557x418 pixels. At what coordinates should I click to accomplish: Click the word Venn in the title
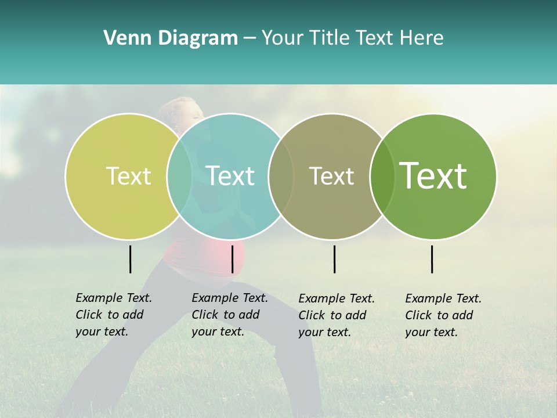click(x=122, y=38)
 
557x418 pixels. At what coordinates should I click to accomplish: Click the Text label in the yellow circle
click(x=128, y=176)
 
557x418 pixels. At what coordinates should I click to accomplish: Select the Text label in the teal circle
click(x=230, y=176)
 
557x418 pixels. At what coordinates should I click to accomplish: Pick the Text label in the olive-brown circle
click(x=331, y=176)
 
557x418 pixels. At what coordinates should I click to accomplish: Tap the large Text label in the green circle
click(x=433, y=176)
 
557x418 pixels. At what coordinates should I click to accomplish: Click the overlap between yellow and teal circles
click(x=179, y=176)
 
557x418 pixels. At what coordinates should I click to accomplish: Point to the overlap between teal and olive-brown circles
click(x=281, y=176)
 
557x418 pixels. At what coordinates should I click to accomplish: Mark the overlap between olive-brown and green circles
click(x=382, y=176)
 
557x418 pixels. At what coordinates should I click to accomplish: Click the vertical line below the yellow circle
click(x=130, y=259)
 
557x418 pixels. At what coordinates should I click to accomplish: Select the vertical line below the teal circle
click(x=232, y=259)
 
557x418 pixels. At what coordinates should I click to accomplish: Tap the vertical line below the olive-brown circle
click(x=334, y=259)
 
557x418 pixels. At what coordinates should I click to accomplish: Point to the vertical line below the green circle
click(x=432, y=259)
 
